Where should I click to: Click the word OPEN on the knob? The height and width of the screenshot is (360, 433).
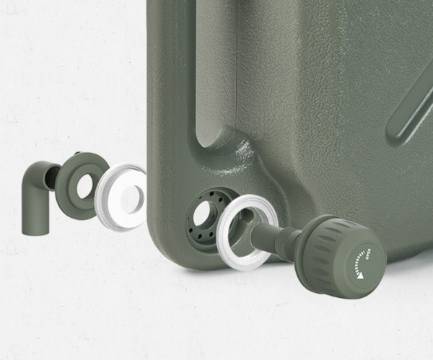point(369,254)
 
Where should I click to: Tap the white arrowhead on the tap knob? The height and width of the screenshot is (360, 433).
point(359,276)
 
